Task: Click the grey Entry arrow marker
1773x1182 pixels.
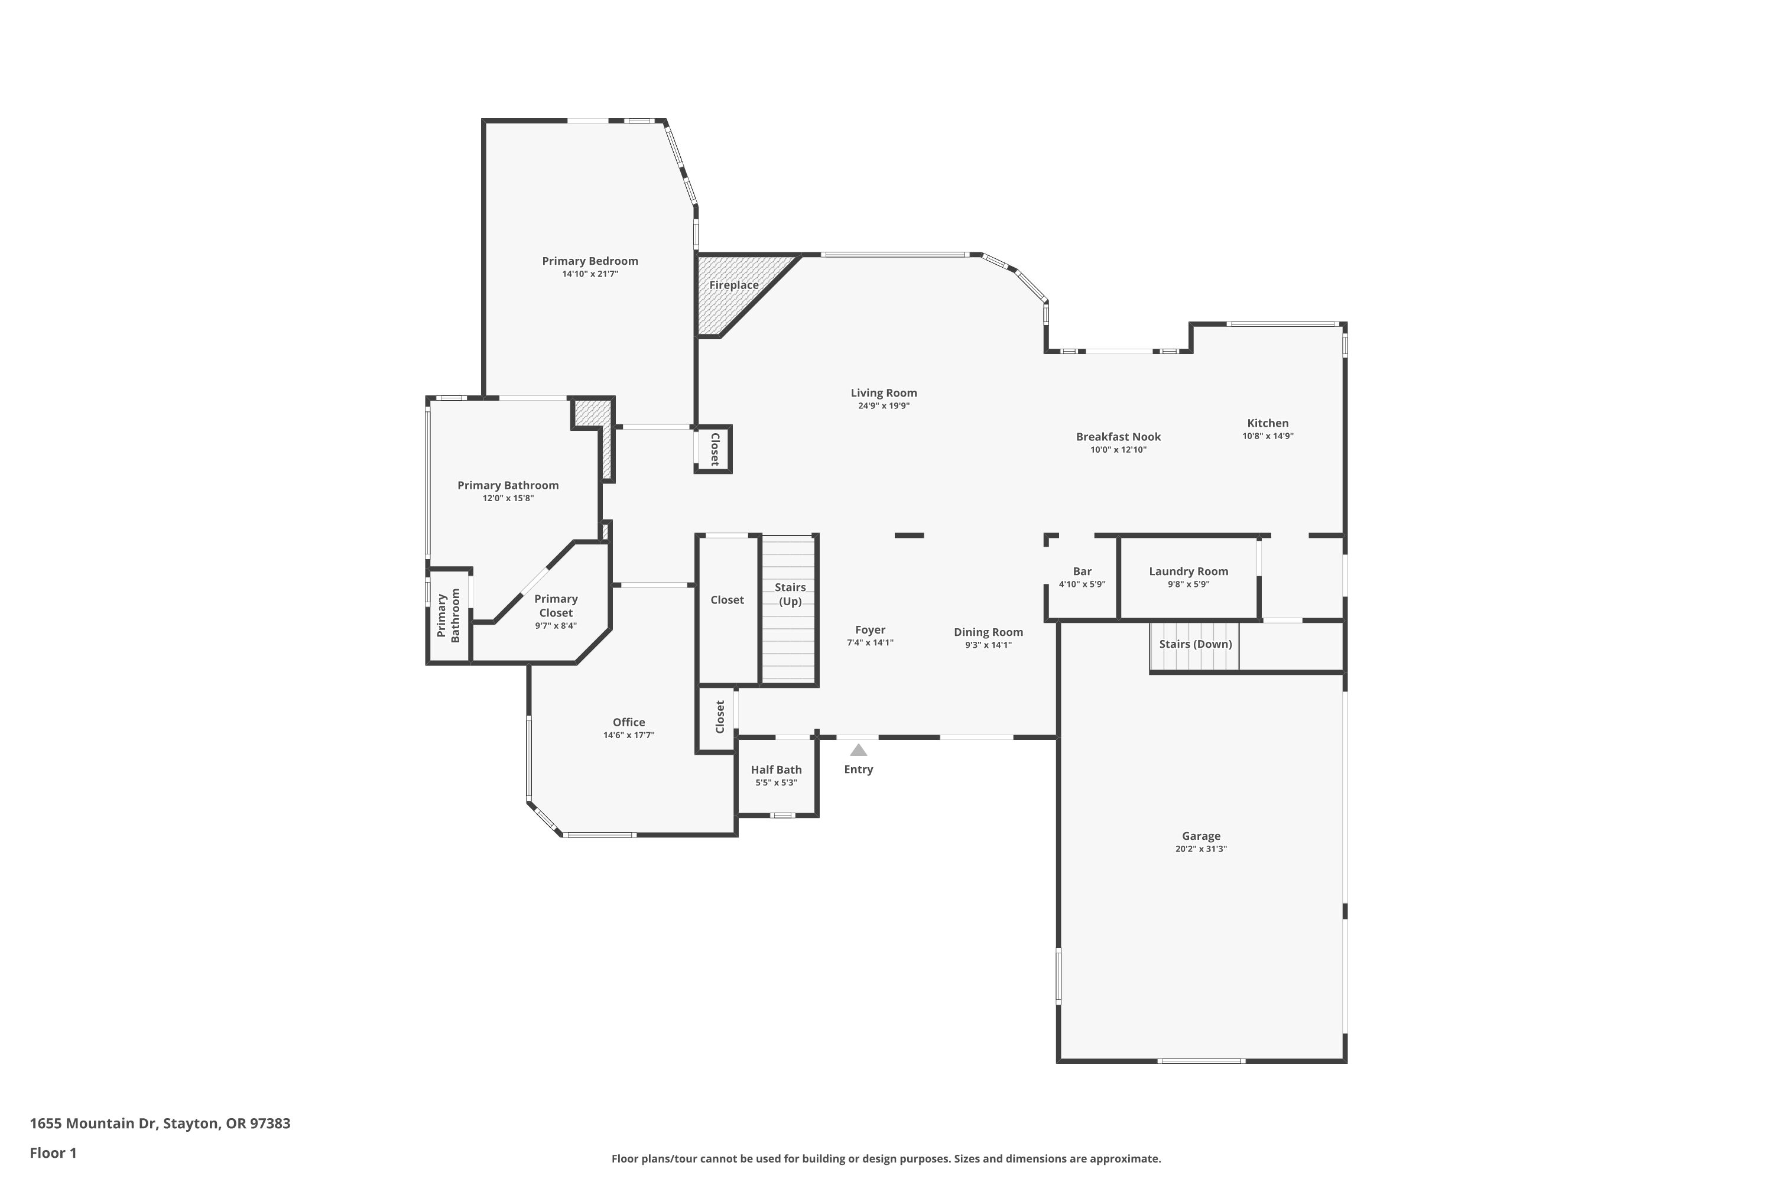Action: click(x=859, y=750)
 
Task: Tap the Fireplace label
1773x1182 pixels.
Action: click(x=733, y=285)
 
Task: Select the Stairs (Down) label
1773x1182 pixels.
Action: click(x=1196, y=644)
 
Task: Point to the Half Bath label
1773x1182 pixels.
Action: click(x=777, y=769)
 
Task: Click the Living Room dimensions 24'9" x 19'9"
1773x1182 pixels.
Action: click(x=884, y=405)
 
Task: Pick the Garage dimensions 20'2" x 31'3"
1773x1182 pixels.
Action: click(x=1201, y=849)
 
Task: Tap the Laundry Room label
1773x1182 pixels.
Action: click(x=1189, y=571)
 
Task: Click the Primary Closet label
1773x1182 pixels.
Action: click(x=556, y=606)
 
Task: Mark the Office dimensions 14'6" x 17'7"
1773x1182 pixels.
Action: click(x=629, y=735)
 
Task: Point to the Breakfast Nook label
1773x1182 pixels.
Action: click(x=1118, y=437)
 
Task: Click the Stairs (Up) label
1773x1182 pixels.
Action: click(x=790, y=594)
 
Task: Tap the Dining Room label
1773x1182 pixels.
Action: click(x=988, y=632)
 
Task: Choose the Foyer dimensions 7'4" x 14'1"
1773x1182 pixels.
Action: click(x=870, y=643)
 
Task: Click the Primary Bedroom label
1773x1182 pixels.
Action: click(x=590, y=261)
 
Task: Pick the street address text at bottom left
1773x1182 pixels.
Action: click(x=160, y=1123)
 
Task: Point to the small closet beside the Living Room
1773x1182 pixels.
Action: click(x=713, y=449)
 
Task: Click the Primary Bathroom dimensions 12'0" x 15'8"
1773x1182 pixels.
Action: click(x=508, y=498)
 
